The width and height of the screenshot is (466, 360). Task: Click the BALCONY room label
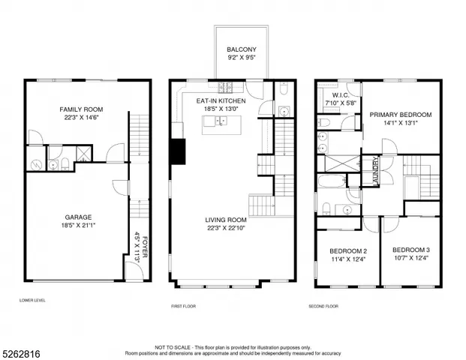[x=242, y=49]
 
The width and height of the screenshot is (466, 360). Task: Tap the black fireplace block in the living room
[x=179, y=151]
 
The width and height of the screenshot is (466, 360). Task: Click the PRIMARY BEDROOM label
[x=400, y=114]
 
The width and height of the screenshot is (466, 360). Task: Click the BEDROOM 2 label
[x=347, y=251]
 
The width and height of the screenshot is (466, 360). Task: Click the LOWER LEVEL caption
[x=33, y=301]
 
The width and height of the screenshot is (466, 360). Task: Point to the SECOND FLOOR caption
[x=323, y=307]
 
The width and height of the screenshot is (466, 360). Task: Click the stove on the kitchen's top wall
[x=227, y=85]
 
